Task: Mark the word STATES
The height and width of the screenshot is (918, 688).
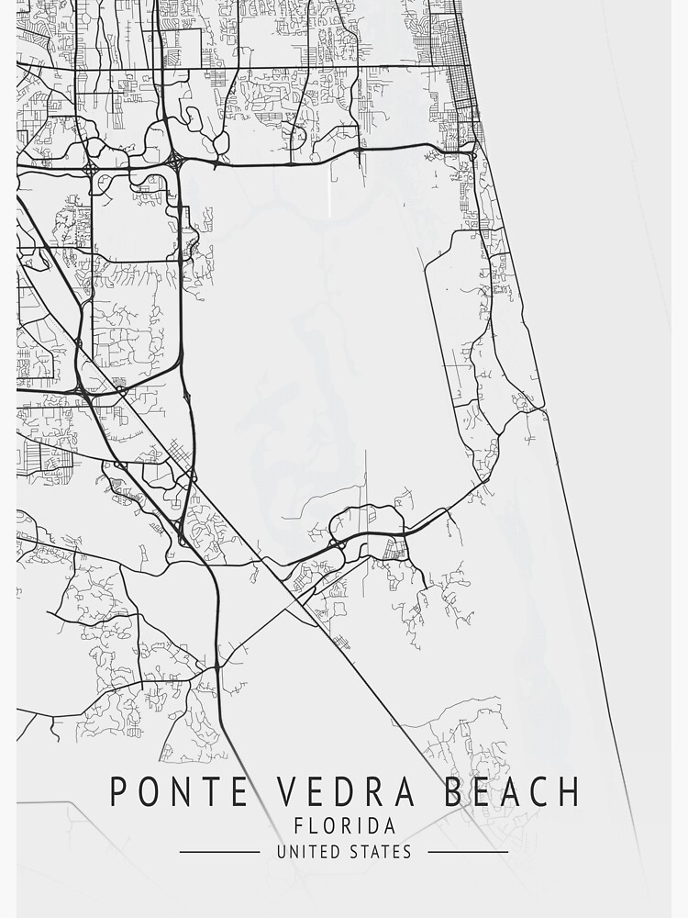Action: (x=381, y=852)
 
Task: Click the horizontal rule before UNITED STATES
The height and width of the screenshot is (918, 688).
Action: (x=219, y=852)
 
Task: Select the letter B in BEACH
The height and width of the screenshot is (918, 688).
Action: (x=454, y=791)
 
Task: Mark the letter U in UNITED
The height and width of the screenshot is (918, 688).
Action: (x=282, y=852)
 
